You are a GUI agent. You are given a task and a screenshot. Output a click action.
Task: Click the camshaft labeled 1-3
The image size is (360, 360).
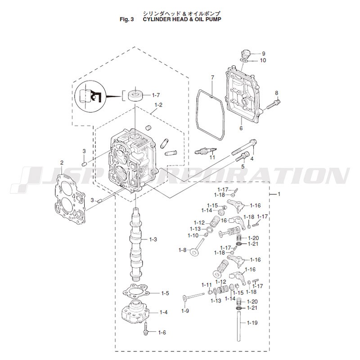tap(136, 243)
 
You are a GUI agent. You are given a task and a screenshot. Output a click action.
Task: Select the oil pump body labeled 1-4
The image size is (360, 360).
tap(135, 311)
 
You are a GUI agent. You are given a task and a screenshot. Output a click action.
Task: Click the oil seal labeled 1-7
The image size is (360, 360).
tap(136, 95)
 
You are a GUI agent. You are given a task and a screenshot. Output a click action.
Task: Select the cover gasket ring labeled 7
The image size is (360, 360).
tap(210, 115)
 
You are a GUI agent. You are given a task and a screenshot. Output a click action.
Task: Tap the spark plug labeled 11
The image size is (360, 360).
tap(206, 151)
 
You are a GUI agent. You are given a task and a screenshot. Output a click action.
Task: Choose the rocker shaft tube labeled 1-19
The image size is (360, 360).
tap(239, 325)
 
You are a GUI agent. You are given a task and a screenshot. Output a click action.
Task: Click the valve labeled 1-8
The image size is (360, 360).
tap(198, 247)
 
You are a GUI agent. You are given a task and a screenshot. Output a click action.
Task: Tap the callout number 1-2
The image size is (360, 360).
tap(158, 105)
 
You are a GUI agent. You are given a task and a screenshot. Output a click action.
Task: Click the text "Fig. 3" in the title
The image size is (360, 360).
tap(126, 19)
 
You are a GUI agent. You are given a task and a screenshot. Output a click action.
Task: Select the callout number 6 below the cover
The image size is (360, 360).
tap(241, 128)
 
